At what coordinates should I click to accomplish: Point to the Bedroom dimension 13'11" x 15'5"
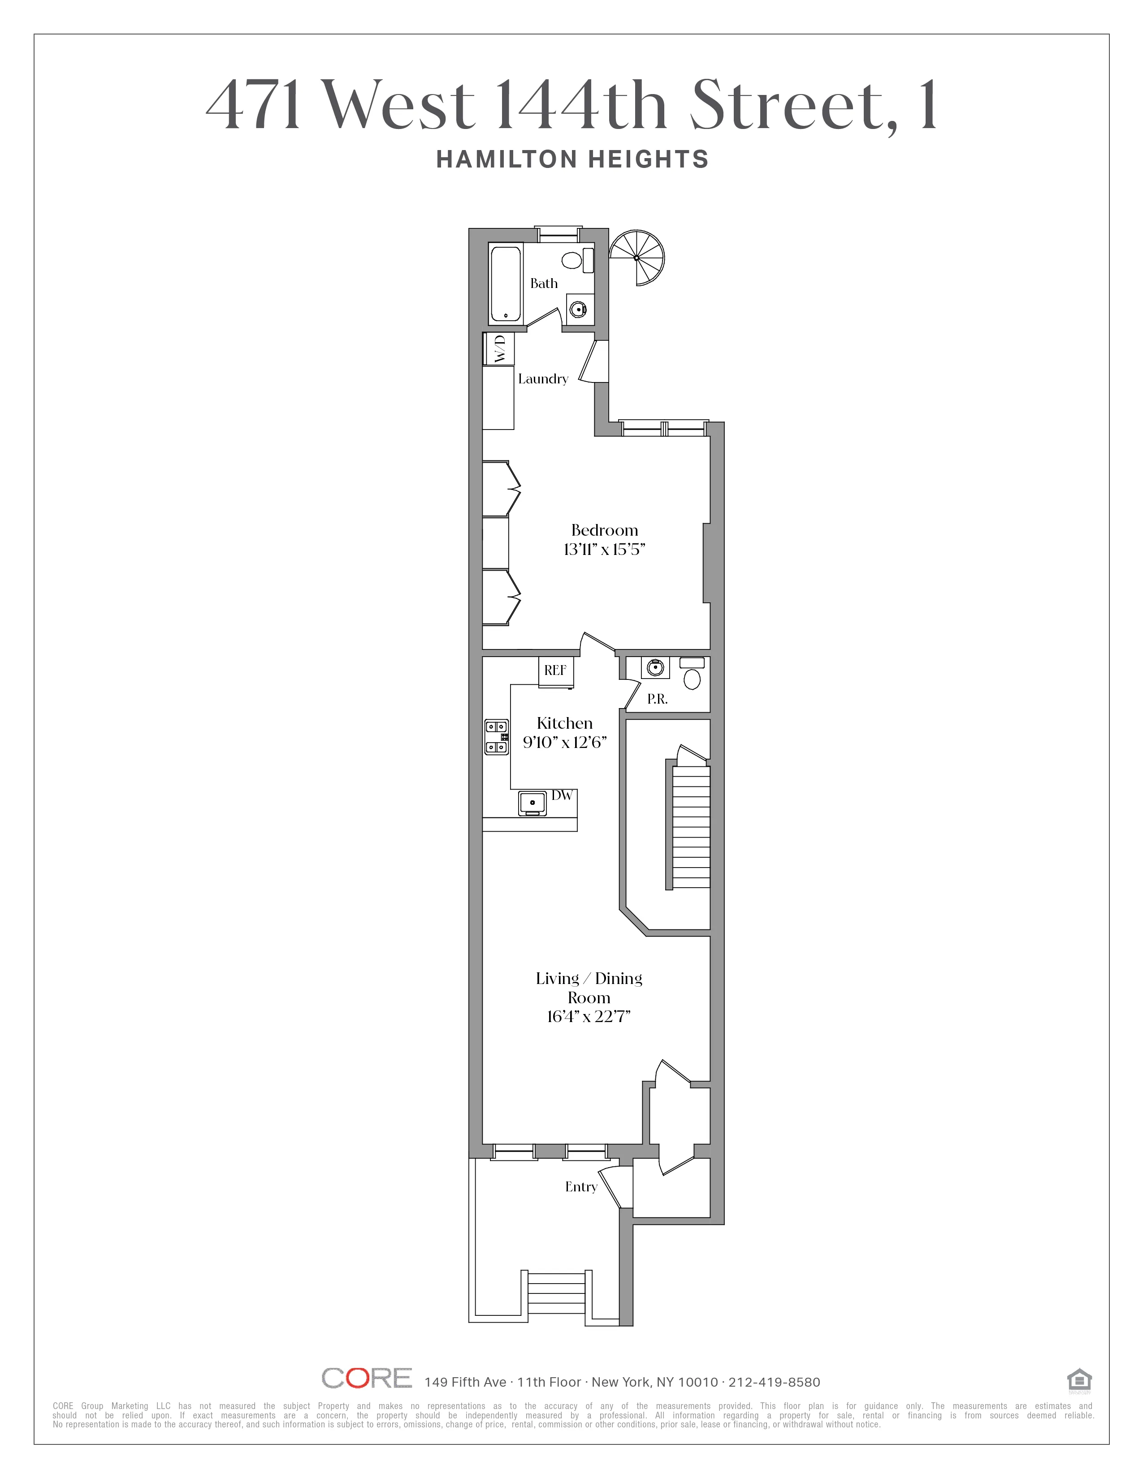[x=604, y=550]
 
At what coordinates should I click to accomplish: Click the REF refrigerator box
[x=555, y=670]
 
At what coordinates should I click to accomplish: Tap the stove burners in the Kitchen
[x=496, y=737]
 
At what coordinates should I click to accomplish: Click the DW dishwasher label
[x=562, y=796]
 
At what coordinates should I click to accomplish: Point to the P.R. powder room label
[x=657, y=700]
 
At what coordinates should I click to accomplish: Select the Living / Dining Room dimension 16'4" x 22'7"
[x=589, y=1035]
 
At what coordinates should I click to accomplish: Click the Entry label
[x=581, y=1187]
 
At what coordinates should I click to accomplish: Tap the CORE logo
[x=366, y=1379]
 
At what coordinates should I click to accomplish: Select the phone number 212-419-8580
[x=774, y=1383]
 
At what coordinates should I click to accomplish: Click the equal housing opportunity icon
[x=1078, y=1380]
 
